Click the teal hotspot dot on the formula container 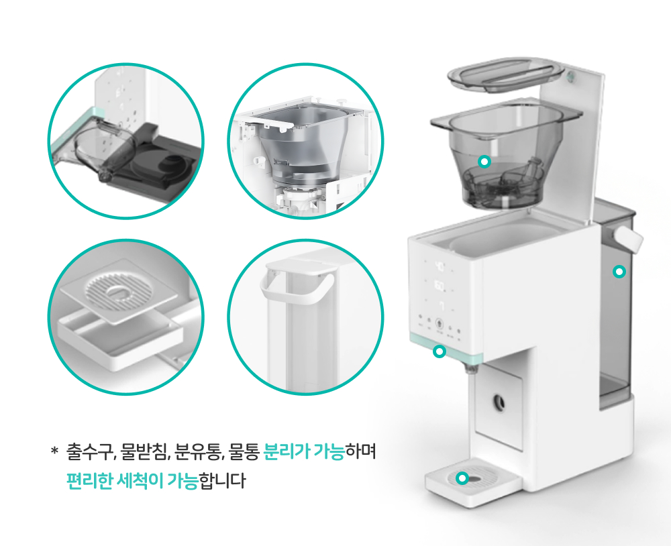coord(484,161)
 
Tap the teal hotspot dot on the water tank coord(619,271)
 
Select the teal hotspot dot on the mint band coord(440,351)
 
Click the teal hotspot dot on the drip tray coord(462,478)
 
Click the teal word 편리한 coord(89,480)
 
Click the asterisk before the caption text coord(54,450)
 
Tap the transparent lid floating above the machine coord(506,75)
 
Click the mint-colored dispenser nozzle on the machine coord(471,369)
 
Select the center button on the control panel coord(439,323)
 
